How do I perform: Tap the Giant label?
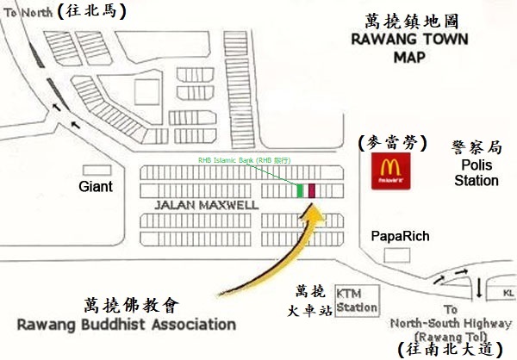(x=97, y=186)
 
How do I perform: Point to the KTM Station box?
(x=356, y=301)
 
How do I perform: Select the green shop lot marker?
(x=301, y=189)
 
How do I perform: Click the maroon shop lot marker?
(x=312, y=189)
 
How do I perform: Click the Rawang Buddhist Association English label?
(x=126, y=324)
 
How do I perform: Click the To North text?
(x=28, y=11)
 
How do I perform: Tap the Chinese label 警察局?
(x=477, y=147)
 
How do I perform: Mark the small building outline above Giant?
(x=97, y=169)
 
